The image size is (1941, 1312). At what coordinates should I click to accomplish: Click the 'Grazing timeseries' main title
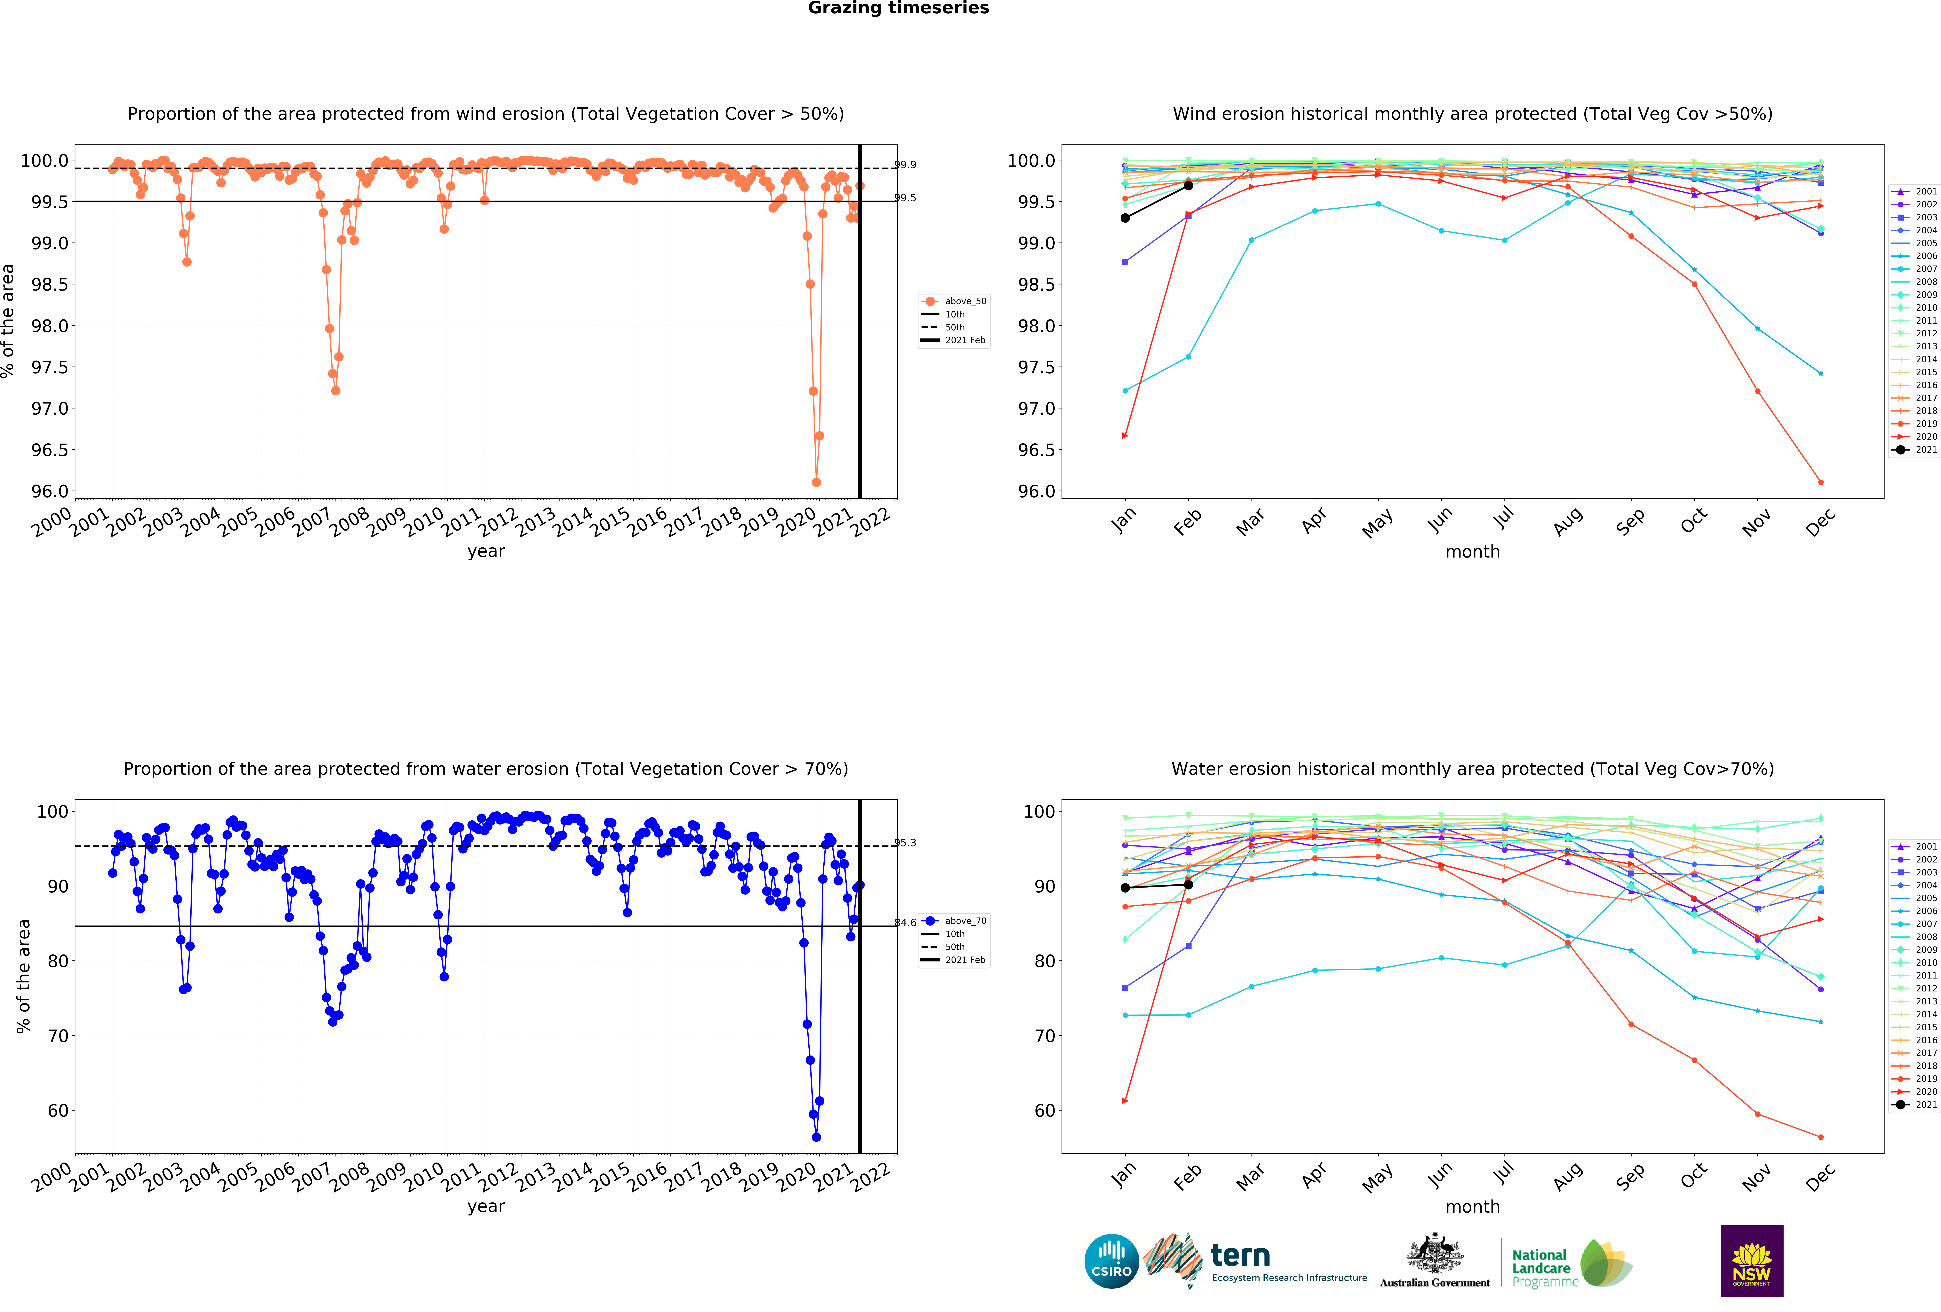pos(898,8)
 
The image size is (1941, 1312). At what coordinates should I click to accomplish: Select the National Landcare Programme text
pos(1544,1268)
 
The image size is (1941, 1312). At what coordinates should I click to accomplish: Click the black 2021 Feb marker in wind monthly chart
pos(1188,185)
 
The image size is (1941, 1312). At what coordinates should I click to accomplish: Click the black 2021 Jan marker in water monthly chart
pos(1125,888)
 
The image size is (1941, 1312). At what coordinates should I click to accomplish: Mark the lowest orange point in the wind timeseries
pos(816,482)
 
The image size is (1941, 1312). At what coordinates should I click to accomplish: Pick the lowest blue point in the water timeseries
pos(816,1137)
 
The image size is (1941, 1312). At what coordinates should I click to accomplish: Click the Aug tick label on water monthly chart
pos(1568,1175)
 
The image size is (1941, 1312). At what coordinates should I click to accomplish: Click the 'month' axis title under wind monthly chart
pos(1472,552)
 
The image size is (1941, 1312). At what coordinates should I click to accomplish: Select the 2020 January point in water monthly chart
pos(1125,1101)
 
